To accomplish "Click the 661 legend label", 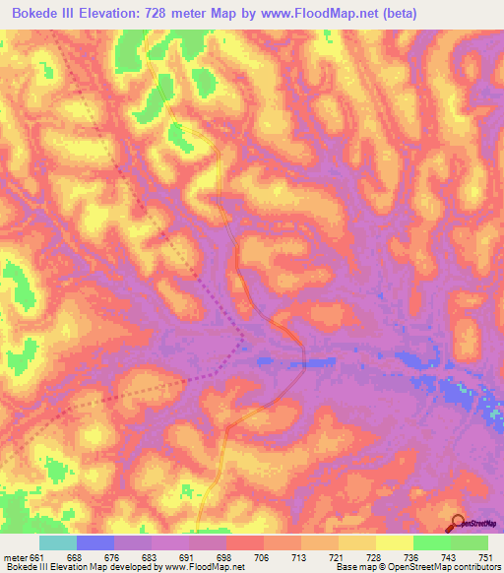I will (x=37, y=557).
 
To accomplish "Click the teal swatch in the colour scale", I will (x=58, y=542).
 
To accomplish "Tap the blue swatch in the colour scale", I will (x=95, y=542).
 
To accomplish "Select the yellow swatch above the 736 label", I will (x=394, y=542).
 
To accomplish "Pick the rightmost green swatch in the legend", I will (x=470, y=542).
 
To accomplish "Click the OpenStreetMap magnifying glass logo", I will (x=458, y=523).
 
